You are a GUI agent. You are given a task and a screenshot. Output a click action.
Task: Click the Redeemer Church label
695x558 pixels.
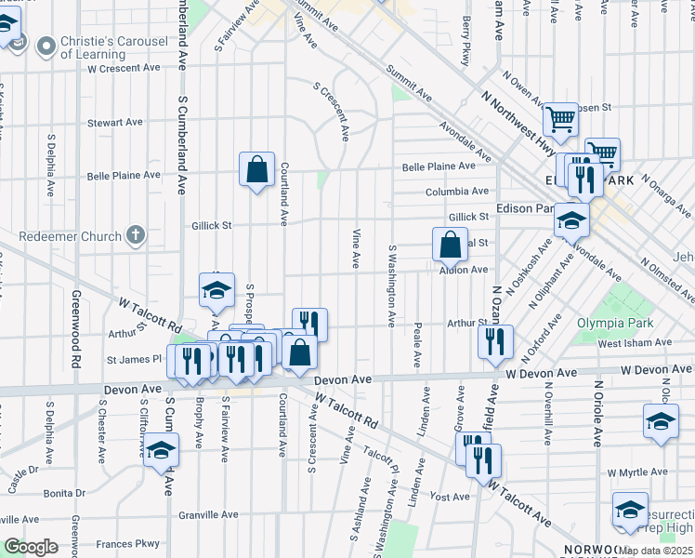[75, 236]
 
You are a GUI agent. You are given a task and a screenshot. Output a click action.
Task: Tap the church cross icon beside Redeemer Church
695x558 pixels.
[136, 234]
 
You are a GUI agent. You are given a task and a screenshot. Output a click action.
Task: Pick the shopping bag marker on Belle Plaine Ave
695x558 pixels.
[257, 170]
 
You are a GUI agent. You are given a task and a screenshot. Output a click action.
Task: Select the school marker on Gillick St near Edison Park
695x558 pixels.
[570, 220]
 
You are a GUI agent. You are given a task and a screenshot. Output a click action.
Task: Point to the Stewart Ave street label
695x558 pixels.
[114, 122]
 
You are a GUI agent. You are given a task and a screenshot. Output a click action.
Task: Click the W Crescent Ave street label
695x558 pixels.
[127, 68]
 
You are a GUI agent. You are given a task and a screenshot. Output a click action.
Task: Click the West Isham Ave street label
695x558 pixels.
[635, 343]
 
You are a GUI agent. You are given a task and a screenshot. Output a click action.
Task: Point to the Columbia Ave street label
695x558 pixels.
[457, 192]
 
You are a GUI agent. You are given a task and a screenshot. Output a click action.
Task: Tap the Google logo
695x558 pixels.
[31, 548]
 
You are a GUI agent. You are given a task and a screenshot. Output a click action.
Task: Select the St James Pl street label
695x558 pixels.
[134, 359]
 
